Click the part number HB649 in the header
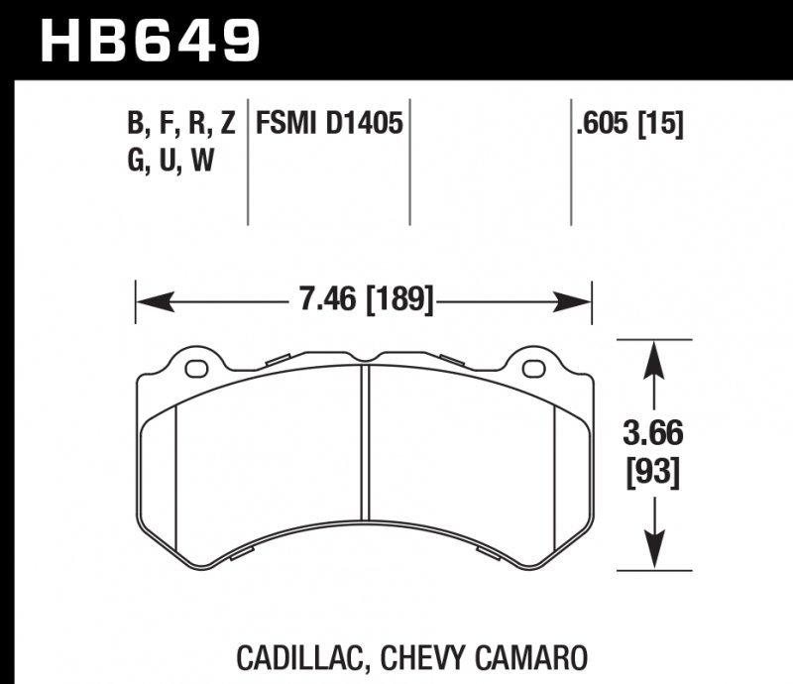coord(149,41)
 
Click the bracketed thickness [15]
coord(661,125)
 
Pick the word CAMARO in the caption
coord(534,656)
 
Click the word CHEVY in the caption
coord(428,656)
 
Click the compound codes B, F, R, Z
coord(180,125)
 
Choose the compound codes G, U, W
coord(170,161)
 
